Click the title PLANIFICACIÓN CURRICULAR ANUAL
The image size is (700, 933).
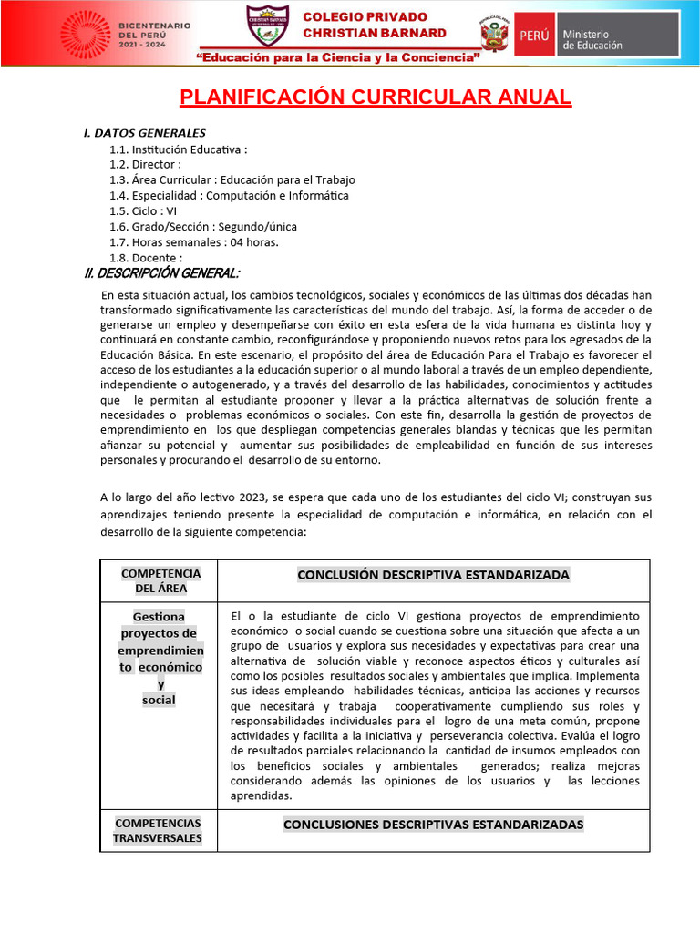click(376, 97)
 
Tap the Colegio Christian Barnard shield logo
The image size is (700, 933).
click(267, 26)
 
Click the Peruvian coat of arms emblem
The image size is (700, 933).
click(494, 33)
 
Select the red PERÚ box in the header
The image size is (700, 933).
click(533, 34)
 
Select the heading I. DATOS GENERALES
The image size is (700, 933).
click(145, 133)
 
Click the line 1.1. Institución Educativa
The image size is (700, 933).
click(179, 149)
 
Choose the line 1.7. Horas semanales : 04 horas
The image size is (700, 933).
click(194, 242)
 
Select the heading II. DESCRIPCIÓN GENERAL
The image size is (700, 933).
click(162, 273)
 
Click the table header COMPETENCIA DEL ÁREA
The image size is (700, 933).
click(160, 580)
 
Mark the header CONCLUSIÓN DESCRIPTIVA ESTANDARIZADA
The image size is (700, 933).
click(433, 575)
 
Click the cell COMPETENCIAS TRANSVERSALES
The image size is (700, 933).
click(158, 830)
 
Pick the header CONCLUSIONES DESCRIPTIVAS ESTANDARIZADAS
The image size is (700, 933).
click(433, 825)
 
